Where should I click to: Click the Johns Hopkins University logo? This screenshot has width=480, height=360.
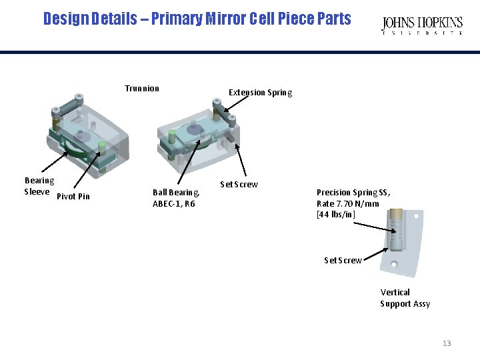click(x=422, y=26)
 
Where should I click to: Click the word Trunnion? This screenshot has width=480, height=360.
click(x=142, y=89)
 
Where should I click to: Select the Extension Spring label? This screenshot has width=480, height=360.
click(x=260, y=93)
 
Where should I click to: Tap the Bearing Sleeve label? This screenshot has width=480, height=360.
click(x=39, y=186)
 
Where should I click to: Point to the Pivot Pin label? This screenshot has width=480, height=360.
click(x=73, y=197)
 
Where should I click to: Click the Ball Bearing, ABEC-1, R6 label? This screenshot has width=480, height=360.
click(x=175, y=198)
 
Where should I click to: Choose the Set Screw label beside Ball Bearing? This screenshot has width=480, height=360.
click(x=239, y=185)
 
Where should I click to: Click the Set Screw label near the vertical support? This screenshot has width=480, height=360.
click(x=343, y=261)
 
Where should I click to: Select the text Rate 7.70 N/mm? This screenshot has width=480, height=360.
click(x=348, y=203)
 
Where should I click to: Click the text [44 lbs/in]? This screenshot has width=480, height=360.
click(x=336, y=215)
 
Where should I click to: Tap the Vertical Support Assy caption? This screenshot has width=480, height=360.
click(x=405, y=298)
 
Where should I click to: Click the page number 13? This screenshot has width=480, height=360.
click(x=447, y=343)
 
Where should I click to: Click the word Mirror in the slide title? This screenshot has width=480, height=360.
click(x=226, y=19)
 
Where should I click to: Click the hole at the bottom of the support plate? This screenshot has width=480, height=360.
click(x=393, y=265)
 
